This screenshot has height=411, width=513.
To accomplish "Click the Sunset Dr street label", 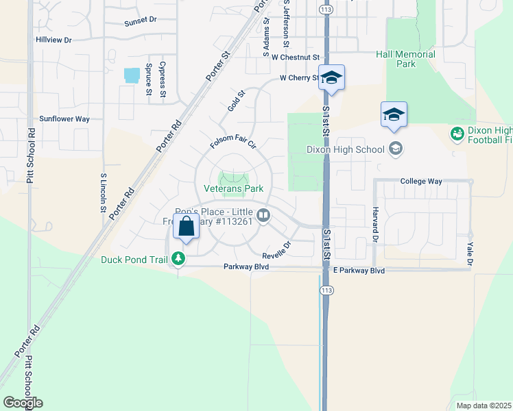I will [x=141, y=21].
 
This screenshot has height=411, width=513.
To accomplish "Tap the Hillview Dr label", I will [x=54, y=40].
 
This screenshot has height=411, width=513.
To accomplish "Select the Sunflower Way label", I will [x=64, y=119].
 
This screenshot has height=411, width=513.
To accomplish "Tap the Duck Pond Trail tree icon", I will [x=179, y=258].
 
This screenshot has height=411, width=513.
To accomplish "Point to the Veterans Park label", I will [x=233, y=188].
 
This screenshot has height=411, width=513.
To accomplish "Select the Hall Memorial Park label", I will [x=405, y=59].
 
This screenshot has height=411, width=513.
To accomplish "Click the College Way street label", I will [x=421, y=182].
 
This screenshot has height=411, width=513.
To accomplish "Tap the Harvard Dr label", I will [x=376, y=225].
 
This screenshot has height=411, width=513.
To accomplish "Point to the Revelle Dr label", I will [x=276, y=249].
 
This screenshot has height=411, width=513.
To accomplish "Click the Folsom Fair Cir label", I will [x=232, y=144].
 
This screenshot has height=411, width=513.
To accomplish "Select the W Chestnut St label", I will [x=296, y=58].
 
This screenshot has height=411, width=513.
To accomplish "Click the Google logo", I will [x=23, y=403].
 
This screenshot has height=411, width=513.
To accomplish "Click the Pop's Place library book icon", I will [x=263, y=216].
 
